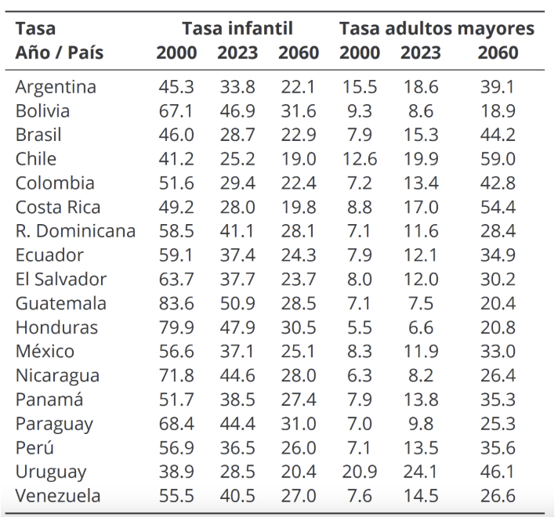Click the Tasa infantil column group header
pyautogui.click(x=237, y=29)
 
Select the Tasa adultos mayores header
pyautogui.click(x=437, y=29)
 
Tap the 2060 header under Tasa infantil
pyautogui.click(x=298, y=53)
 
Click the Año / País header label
pyautogui.click(x=59, y=53)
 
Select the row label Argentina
pyautogui.click(x=56, y=87)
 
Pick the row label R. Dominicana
pyautogui.click(x=75, y=231)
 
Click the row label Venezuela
pyautogui.click(x=57, y=496)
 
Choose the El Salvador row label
pyautogui.click(x=60, y=280)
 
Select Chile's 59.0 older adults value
pyautogui.click(x=498, y=159)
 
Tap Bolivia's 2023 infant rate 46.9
pyautogui.click(x=237, y=111)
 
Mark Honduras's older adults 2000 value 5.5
pyautogui.click(x=360, y=327)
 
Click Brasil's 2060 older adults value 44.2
pyautogui.click(x=498, y=135)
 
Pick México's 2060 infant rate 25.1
pyautogui.click(x=298, y=352)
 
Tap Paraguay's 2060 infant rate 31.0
pyautogui.click(x=298, y=424)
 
